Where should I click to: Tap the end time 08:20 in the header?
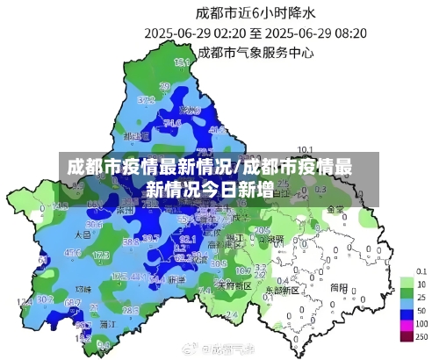[349, 33]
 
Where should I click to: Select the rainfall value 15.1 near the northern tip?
[182, 63]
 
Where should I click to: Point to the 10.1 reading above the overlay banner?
[306, 148]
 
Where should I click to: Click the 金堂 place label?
[335, 210]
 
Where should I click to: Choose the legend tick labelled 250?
[422, 338]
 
